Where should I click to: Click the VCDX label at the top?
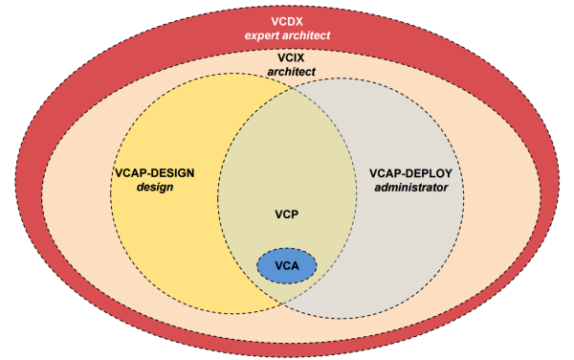pyautogui.click(x=287, y=18)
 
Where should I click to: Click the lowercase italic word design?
pyautogui.click(x=153, y=188)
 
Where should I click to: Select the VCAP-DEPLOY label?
pyautogui.click(x=408, y=173)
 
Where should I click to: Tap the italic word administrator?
pyautogui.click(x=408, y=188)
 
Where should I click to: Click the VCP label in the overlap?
pyautogui.click(x=287, y=215)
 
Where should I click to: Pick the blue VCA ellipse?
pyautogui.click(x=287, y=265)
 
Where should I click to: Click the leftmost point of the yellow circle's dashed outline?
pyautogui.click(x=110, y=191)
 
